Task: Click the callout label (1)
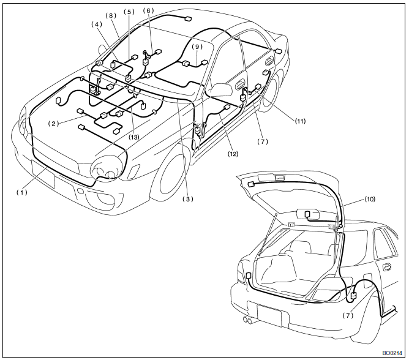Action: (22, 192)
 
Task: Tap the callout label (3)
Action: (190, 198)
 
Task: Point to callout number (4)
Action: (96, 24)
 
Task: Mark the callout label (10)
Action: (370, 199)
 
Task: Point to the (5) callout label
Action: (129, 12)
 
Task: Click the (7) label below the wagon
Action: (348, 315)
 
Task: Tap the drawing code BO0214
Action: (392, 353)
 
